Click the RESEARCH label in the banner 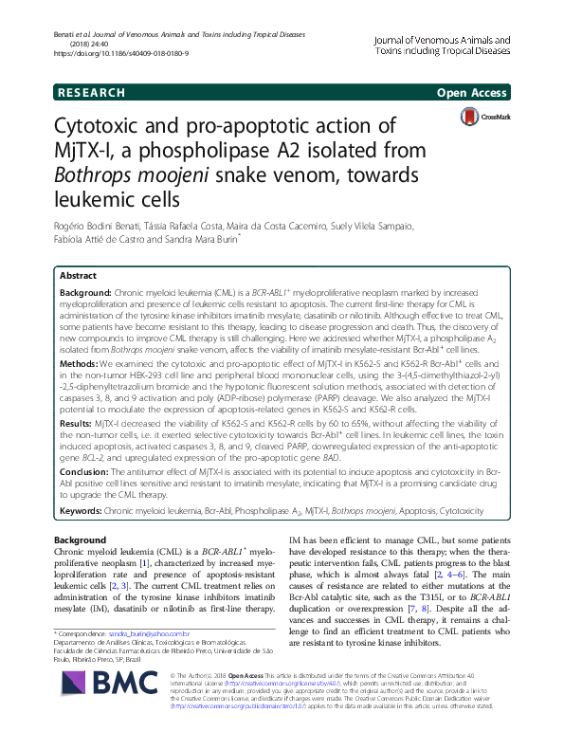coord(91,93)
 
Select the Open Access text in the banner coord(474,93)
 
